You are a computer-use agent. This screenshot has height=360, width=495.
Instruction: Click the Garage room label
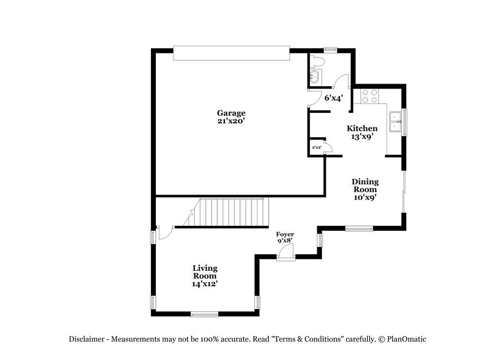click(231, 113)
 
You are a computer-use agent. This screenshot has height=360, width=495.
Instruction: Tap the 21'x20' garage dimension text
click(231, 120)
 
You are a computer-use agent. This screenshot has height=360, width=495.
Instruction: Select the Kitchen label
click(362, 128)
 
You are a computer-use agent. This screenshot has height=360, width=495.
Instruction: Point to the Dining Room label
click(365, 185)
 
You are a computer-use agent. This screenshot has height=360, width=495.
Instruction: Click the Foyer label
click(285, 234)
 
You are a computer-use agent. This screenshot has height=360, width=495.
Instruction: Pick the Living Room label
click(205, 272)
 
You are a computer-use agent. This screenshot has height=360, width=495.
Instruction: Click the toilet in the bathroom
click(317, 62)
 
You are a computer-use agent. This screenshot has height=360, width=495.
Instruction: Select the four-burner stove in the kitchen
click(369, 96)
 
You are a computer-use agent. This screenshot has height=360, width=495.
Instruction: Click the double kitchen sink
click(395, 122)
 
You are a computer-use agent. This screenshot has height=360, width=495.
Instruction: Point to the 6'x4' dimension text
click(333, 98)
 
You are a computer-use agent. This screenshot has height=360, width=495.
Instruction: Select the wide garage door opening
click(231, 53)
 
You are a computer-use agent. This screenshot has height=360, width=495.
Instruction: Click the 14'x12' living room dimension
click(205, 284)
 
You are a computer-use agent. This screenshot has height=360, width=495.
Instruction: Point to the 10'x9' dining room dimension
click(365, 197)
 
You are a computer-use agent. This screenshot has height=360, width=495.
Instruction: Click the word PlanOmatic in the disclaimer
click(406, 339)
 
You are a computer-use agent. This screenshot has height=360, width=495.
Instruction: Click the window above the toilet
click(330, 50)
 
